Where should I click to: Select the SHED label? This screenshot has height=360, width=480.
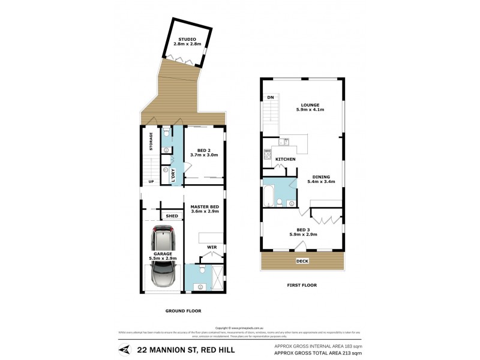click(172, 216)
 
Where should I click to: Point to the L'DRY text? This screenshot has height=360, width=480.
click(173, 175)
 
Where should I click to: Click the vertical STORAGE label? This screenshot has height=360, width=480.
click(152, 142)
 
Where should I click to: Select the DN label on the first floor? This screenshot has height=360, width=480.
click(270, 97)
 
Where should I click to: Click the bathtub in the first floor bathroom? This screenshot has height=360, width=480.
click(269, 196)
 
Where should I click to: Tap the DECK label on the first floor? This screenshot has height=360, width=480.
click(302, 261)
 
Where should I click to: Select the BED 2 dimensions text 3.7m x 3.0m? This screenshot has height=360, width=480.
click(204, 155)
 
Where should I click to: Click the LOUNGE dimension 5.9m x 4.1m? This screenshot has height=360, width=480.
click(310, 110)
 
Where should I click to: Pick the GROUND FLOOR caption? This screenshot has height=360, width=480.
click(183, 311)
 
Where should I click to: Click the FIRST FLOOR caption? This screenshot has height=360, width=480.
click(302, 285)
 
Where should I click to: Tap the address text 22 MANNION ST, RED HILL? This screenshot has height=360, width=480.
click(186, 350)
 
